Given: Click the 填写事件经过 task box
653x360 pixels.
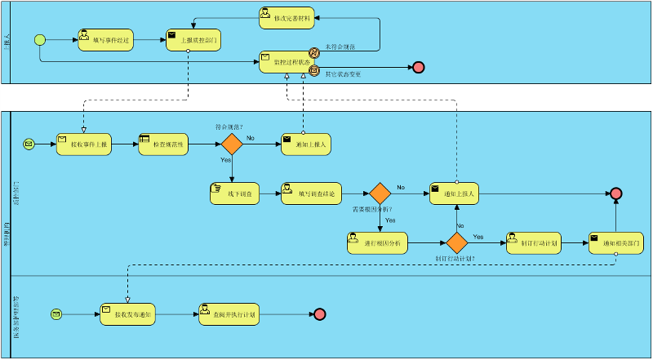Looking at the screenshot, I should (105, 40).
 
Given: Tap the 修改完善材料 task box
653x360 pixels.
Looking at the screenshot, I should (287, 18).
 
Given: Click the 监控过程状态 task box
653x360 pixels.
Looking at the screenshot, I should (287, 62).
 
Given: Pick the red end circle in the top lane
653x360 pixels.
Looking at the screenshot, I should (419, 67).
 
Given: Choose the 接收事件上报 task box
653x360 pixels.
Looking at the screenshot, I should (83, 144).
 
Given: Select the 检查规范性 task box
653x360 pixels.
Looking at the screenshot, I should (166, 144).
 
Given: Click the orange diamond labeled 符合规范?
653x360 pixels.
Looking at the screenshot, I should (233, 144).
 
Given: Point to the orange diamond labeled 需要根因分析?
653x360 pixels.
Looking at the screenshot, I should (380, 193).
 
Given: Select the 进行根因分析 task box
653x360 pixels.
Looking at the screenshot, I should (377, 243).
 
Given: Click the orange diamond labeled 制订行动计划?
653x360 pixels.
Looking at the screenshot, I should (456, 243).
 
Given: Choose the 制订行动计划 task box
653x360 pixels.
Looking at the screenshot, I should (534, 243).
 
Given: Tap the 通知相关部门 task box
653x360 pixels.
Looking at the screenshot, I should (616, 243).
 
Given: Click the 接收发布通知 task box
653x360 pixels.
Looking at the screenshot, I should (127, 314).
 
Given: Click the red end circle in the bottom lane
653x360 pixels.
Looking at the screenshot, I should (319, 314).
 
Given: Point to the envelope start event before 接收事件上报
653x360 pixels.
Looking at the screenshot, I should (29, 144).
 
